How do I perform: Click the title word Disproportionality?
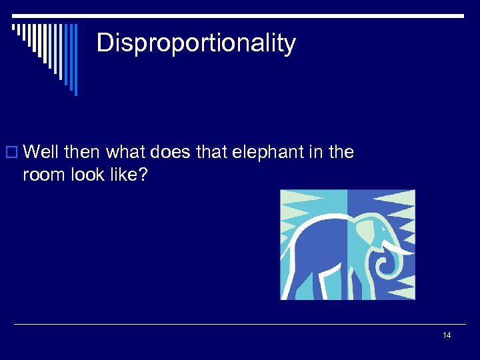click(x=196, y=43)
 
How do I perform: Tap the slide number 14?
click(x=447, y=335)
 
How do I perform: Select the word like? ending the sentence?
click(x=135, y=175)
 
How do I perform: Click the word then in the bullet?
click(x=82, y=153)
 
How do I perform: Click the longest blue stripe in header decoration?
click(x=75, y=59)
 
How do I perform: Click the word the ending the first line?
click(x=341, y=153)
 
